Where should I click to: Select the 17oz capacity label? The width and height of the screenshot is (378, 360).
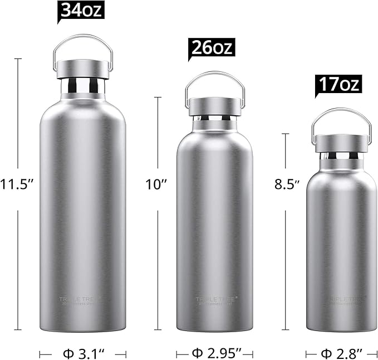338,84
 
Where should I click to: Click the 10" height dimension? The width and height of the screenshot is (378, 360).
157,184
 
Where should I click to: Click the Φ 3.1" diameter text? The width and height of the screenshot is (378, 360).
83,353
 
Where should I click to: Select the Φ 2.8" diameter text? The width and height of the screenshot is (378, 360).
342,353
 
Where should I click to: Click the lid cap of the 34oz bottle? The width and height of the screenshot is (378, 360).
83,69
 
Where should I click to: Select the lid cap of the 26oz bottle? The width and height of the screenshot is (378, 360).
215,106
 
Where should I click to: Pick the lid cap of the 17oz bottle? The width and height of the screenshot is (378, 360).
341,143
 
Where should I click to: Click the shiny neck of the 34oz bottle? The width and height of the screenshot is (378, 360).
83,85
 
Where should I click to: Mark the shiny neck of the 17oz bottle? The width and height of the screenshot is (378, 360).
341,157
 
